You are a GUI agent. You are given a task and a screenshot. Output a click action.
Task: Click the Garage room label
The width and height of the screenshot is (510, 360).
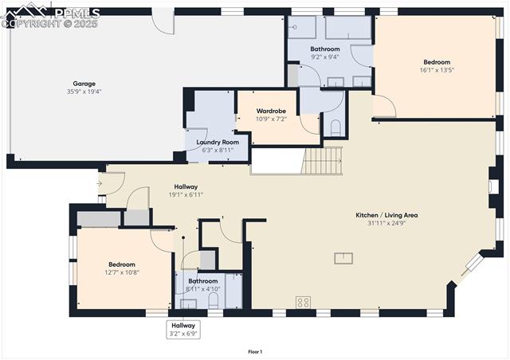(84, 83)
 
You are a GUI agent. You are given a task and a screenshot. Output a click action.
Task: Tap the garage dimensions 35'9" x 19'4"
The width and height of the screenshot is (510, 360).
(84, 91)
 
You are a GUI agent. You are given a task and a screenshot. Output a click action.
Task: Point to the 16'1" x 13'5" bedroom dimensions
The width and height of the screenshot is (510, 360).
(437, 70)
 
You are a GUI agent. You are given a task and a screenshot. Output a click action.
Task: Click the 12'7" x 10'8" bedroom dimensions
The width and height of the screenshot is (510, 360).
(122, 272)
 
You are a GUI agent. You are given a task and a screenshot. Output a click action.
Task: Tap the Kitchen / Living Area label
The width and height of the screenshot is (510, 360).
(386, 215)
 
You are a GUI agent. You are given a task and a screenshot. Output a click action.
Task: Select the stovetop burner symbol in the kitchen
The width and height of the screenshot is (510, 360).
(304, 302)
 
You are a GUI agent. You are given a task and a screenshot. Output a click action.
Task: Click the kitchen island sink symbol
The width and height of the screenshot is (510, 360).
(343, 257)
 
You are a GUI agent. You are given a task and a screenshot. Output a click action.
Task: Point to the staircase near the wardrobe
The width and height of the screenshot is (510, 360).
(324, 162)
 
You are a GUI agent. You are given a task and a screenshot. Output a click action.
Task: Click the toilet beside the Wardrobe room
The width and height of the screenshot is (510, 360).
(335, 127)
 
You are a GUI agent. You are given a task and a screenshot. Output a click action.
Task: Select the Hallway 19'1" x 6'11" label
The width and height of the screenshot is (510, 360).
(186, 190)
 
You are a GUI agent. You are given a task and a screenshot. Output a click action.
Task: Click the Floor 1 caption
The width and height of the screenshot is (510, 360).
(255, 351)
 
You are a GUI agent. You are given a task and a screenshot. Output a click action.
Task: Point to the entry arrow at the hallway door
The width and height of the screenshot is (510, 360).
(98, 184)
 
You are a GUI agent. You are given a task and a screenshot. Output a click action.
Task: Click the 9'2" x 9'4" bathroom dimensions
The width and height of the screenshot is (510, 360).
(324, 57)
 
